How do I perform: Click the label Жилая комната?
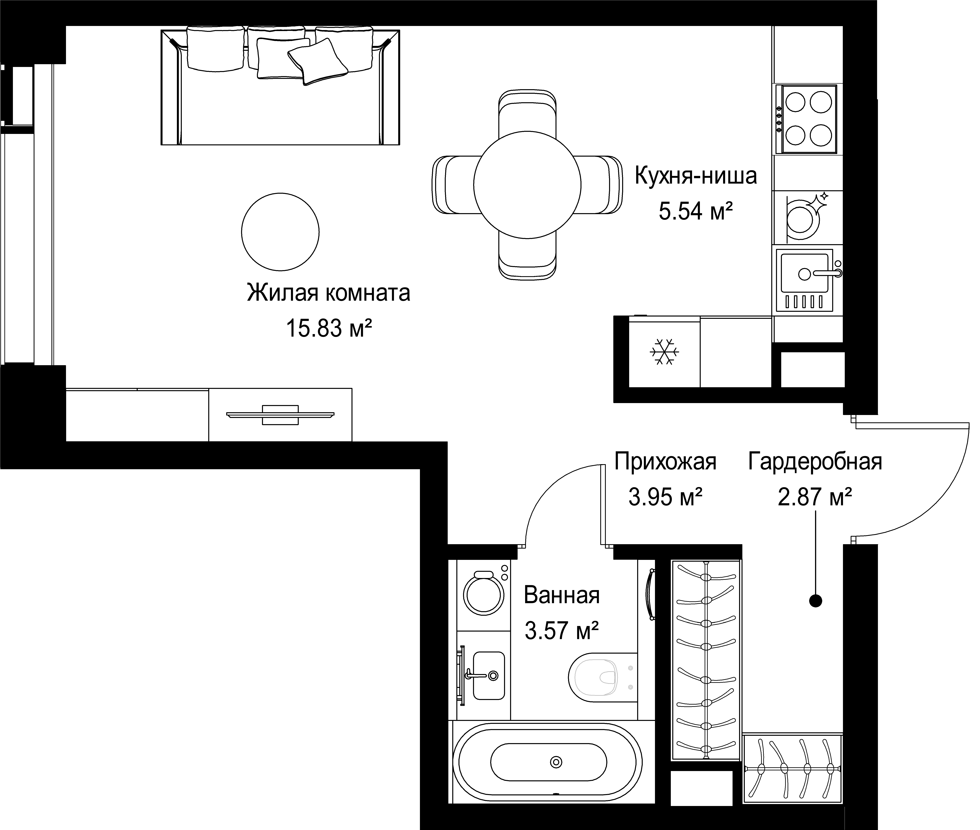(328, 293)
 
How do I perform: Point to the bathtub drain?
(556, 762)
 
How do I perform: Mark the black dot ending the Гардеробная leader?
(815, 601)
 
